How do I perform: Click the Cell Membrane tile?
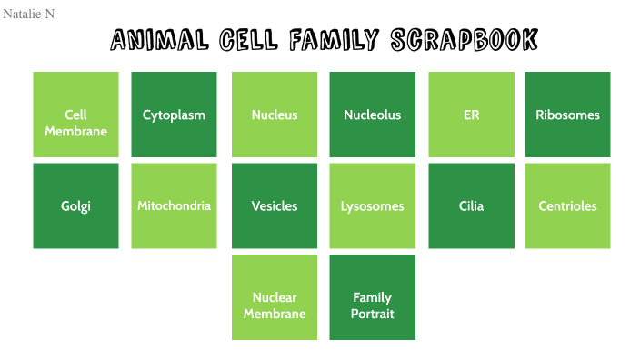pyautogui.click(x=75, y=115)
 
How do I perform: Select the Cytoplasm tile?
pyautogui.click(x=174, y=115)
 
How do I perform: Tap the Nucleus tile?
pyautogui.click(x=275, y=115)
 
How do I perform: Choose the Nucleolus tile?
pyautogui.click(x=372, y=115)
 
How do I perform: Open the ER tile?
pyautogui.click(x=471, y=115)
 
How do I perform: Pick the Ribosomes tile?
pyautogui.click(x=567, y=115)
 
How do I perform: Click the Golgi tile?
pyautogui.click(x=75, y=205)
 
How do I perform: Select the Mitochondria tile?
pyautogui.click(x=174, y=205)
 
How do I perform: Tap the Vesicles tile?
pyautogui.click(x=275, y=205)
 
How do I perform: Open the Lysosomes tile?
pyautogui.click(x=372, y=205)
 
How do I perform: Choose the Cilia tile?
pyautogui.click(x=471, y=205)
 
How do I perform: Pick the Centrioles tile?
pyautogui.click(x=567, y=205)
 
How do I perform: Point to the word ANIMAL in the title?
pyautogui.click(x=160, y=40)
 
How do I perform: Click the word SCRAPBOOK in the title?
pyautogui.click(x=464, y=40)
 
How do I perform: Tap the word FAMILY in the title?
pyautogui.click(x=334, y=40)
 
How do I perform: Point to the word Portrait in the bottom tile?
pyautogui.click(x=372, y=314)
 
